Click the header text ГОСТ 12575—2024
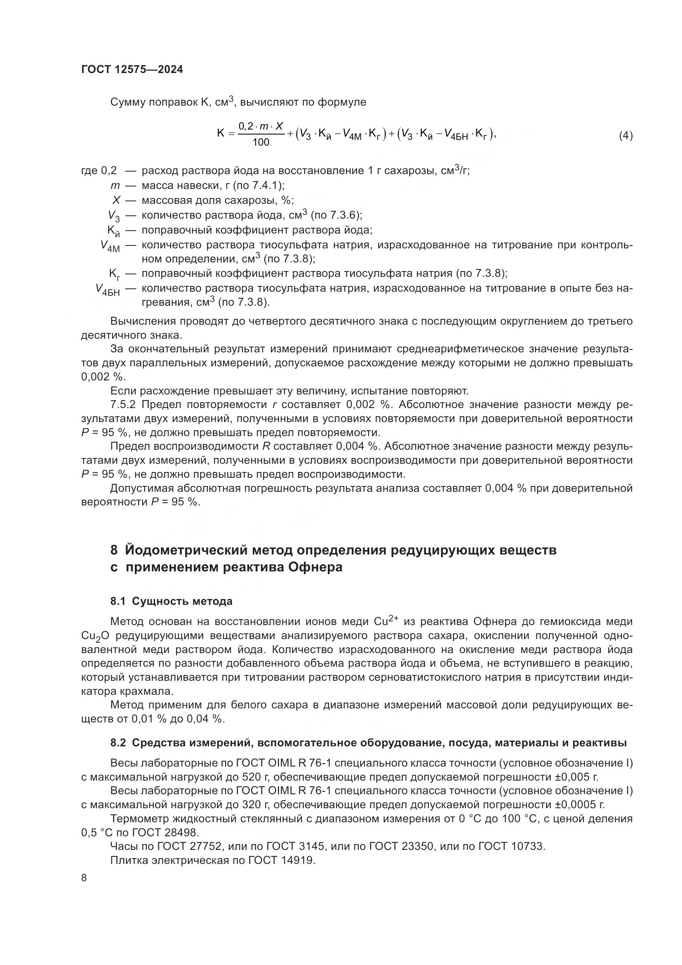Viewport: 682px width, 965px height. click(x=132, y=70)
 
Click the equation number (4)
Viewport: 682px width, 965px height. click(x=626, y=136)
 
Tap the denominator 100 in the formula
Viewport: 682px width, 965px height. click(x=261, y=143)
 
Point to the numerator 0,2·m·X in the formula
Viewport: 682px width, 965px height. click(x=261, y=126)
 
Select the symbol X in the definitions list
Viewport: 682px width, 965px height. click(x=116, y=200)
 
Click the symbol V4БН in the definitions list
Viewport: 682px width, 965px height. click(x=108, y=290)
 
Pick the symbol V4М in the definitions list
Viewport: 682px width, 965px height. click(x=110, y=246)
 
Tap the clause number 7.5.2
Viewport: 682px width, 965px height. click(x=125, y=405)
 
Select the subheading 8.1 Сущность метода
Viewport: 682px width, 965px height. click(x=172, y=602)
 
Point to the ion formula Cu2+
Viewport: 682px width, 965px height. click(x=386, y=621)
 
